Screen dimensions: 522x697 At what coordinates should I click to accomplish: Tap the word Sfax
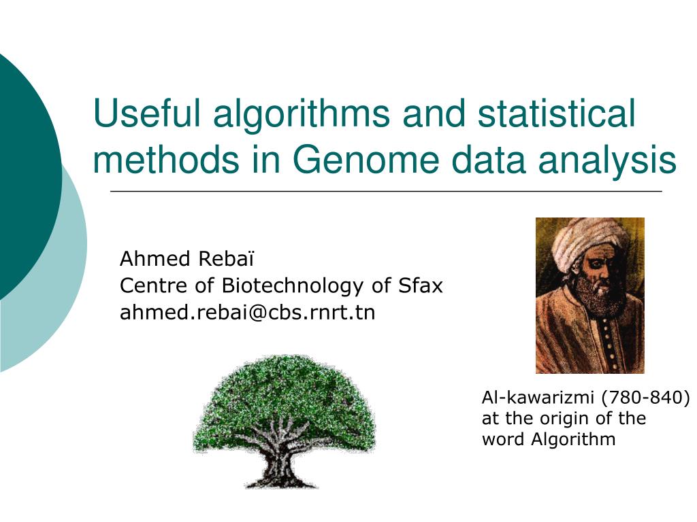point(421,286)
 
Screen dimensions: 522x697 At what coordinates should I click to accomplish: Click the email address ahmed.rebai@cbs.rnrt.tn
point(247,313)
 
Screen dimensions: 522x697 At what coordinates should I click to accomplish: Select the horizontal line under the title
point(385,192)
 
